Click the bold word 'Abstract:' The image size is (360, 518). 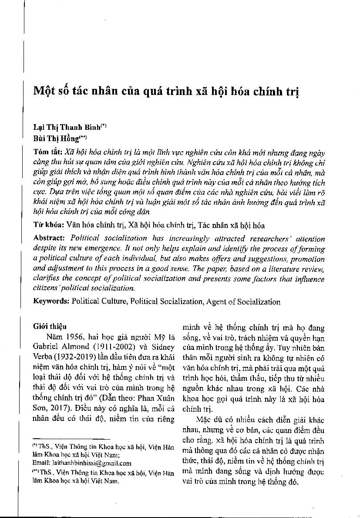point(50,239)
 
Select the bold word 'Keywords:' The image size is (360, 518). point(51,301)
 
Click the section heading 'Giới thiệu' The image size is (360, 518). point(50,326)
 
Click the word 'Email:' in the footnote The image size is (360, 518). point(41,463)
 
